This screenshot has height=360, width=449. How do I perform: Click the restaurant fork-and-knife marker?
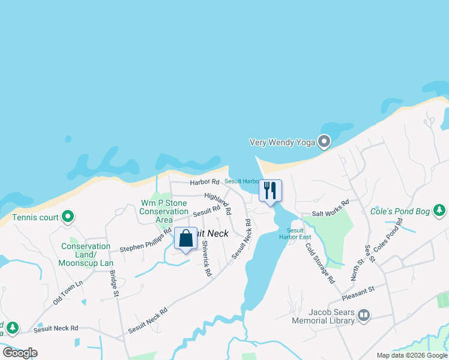tap(270, 191)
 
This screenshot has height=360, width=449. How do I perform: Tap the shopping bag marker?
tap(185, 238)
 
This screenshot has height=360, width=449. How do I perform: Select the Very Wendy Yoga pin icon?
tap(324, 142)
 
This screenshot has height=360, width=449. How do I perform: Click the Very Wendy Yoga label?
tap(282, 143)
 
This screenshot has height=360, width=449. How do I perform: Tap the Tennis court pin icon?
tap(68, 216)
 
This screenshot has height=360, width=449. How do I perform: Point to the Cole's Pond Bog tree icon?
tap(440, 210)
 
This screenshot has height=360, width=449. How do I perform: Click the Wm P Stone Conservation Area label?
tap(164, 211)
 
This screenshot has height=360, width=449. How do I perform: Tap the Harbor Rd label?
tap(205, 182)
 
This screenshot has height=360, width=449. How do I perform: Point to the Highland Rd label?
tap(218, 204)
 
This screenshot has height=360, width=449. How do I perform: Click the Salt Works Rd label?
tap(330, 208)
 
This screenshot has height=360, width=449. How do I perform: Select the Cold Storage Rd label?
tap(319, 262)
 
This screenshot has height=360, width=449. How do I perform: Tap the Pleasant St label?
tap(358, 293)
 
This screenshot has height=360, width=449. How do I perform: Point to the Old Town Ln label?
tap(67, 291)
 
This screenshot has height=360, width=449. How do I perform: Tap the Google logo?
tap(20, 352)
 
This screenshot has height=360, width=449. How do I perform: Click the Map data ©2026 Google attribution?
tap(411, 355)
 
